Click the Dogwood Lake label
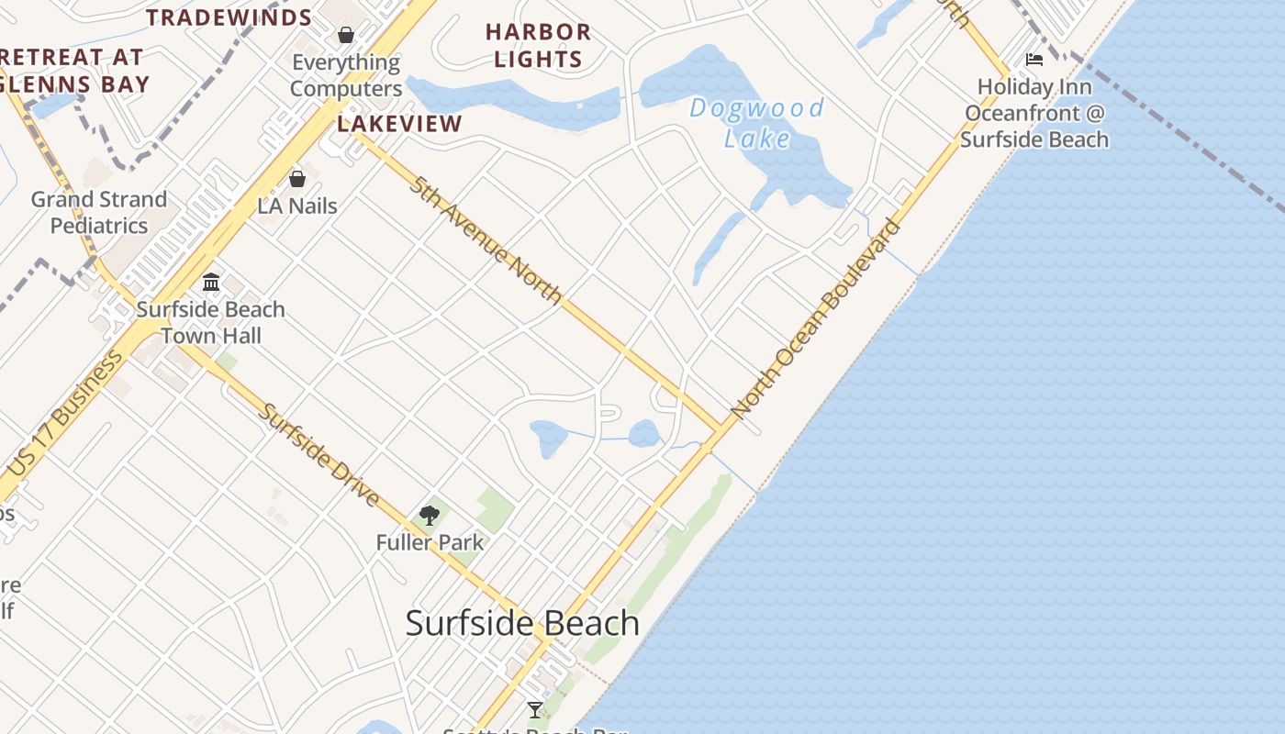click(x=756, y=123)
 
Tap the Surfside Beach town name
click(x=522, y=623)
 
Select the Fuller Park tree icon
click(x=429, y=516)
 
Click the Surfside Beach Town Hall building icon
click(x=211, y=282)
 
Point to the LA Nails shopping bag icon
click(x=296, y=179)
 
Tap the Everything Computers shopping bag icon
click(x=346, y=36)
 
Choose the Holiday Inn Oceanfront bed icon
click(x=1034, y=61)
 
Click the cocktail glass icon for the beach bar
click(x=535, y=709)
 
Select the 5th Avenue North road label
click(x=486, y=239)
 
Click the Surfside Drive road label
click(x=318, y=455)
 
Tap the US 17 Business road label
click(x=70, y=413)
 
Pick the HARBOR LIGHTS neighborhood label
click(x=538, y=45)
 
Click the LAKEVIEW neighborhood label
click(x=399, y=124)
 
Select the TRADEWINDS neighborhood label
click(x=229, y=17)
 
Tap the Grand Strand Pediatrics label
click(x=99, y=212)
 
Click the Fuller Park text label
click(x=430, y=542)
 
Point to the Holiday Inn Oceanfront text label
click(x=1034, y=113)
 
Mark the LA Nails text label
click(x=297, y=206)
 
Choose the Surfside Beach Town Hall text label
click(x=211, y=322)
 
